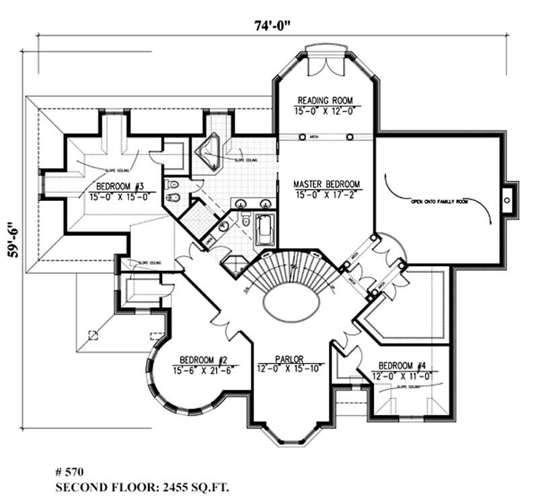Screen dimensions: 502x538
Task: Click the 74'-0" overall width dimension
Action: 270,26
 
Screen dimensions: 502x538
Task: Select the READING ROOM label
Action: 325,101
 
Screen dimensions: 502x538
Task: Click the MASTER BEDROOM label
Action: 327,183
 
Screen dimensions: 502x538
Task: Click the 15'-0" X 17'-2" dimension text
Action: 327,194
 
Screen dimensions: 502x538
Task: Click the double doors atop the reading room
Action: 325,67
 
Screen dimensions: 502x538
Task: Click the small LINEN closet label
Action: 209,239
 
